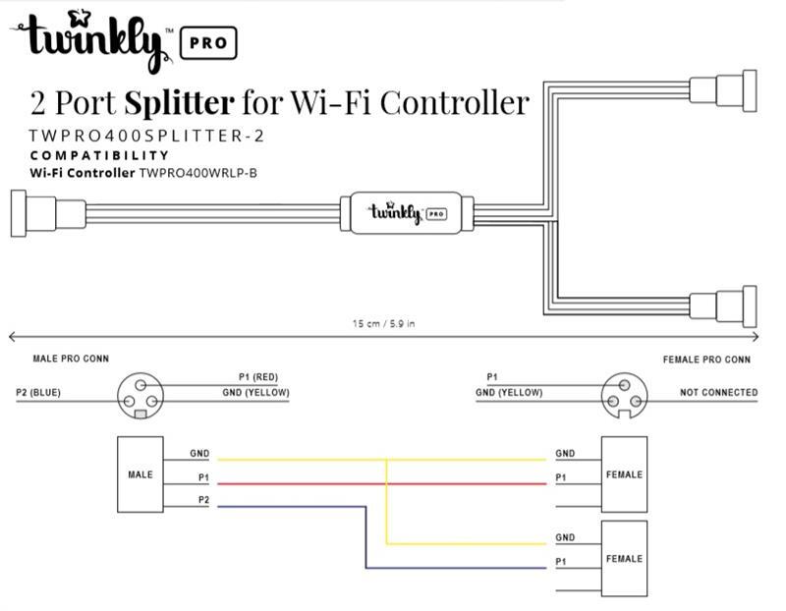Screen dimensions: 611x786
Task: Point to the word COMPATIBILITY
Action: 99,155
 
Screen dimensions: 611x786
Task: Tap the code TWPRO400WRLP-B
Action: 204,173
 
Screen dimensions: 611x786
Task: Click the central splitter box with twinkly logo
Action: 407,213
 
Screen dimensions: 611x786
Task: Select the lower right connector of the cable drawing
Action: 722,307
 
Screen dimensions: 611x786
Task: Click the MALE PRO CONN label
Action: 71,360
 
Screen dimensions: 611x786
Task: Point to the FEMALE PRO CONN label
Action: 706,360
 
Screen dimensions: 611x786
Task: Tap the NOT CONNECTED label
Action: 718,393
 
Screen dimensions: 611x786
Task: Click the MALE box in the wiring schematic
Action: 140,474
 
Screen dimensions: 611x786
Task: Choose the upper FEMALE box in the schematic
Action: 624,474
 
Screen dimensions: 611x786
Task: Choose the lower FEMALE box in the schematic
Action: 624,558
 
